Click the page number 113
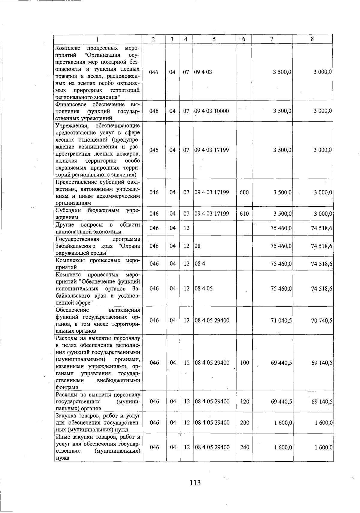pyautogui.click(x=195, y=483)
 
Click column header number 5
pyautogui.click(x=214, y=39)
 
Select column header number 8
pyautogui.click(x=312, y=39)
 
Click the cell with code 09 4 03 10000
pyautogui.click(x=211, y=111)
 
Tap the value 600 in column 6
pyautogui.click(x=244, y=192)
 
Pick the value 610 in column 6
pyautogui.click(x=244, y=214)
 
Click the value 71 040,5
pyautogui.click(x=281, y=321)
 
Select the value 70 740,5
pyautogui.click(x=322, y=321)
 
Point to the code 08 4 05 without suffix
pyautogui.click(x=203, y=289)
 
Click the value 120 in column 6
pyautogui.click(x=244, y=401)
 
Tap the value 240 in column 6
pyautogui.click(x=244, y=447)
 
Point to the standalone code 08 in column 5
pyautogui.click(x=197, y=246)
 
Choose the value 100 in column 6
pyautogui.click(x=244, y=363)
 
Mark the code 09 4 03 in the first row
pyautogui.click(x=203, y=72)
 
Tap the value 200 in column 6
pyautogui.click(x=244, y=423)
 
